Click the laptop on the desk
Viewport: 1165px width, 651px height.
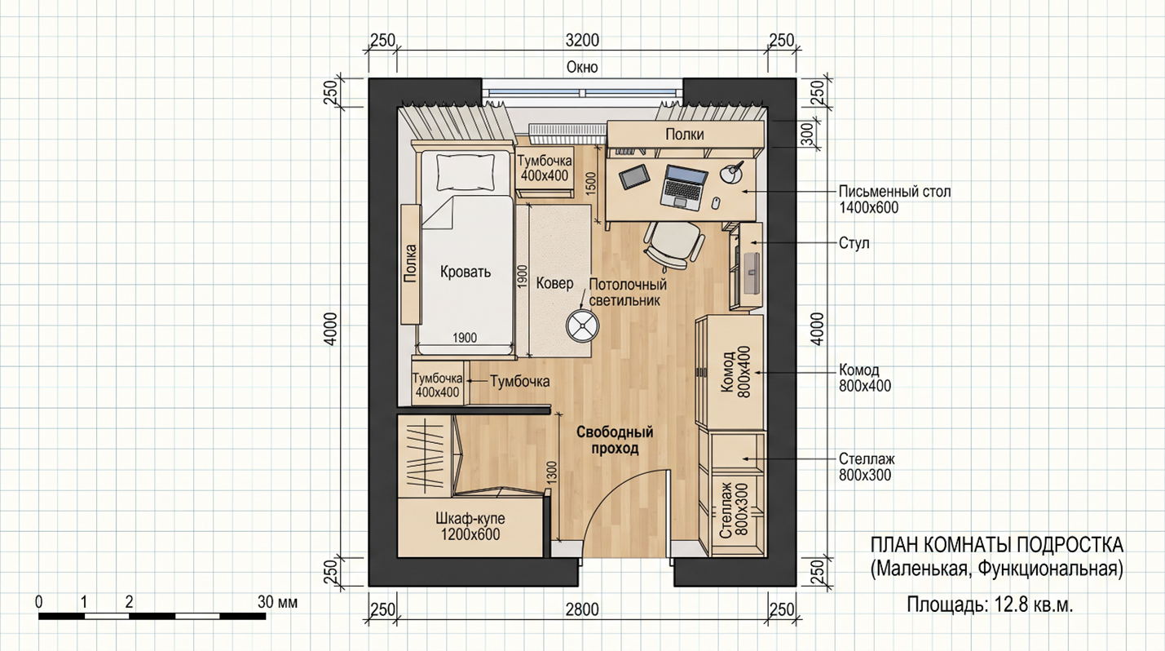(x=684, y=188)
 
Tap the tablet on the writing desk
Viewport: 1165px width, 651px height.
(x=634, y=176)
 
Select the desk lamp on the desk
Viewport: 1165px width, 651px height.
(x=733, y=172)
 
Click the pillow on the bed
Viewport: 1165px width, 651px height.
(x=466, y=172)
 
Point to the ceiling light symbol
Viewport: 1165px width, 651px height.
(x=582, y=325)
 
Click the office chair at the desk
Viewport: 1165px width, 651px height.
(x=673, y=246)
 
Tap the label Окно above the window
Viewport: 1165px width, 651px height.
(x=582, y=67)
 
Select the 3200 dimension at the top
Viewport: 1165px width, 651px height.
(x=582, y=40)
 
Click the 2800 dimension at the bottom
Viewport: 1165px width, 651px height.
(x=582, y=609)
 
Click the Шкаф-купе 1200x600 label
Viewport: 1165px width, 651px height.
(x=470, y=526)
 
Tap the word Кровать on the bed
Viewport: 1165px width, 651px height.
(x=466, y=272)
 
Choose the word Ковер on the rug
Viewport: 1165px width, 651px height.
(x=554, y=283)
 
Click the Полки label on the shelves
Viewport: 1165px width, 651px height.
(x=685, y=135)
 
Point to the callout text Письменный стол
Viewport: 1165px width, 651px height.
(x=894, y=192)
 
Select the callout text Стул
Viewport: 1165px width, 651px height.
(x=854, y=243)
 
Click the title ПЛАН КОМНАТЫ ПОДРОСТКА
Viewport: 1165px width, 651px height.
(x=997, y=546)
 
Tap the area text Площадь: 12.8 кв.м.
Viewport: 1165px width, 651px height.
(x=991, y=604)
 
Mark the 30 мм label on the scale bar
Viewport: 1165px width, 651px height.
(x=278, y=602)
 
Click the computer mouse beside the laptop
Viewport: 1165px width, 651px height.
(x=716, y=203)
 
